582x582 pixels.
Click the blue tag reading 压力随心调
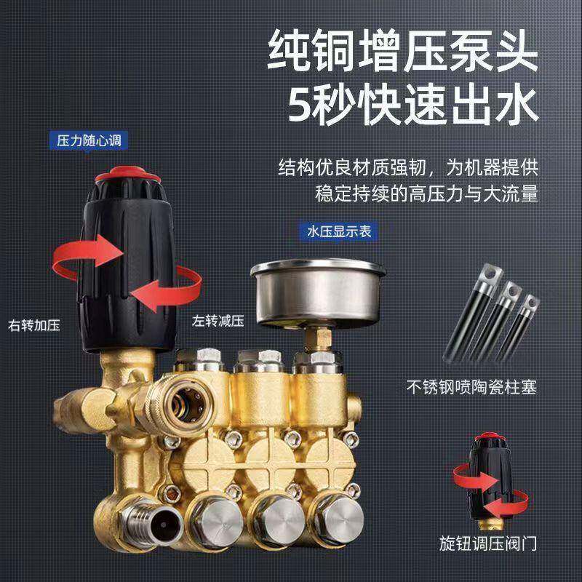pyautogui.click(x=84, y=140)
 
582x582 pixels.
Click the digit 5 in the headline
pyautogui.click(x=303, y=105)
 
